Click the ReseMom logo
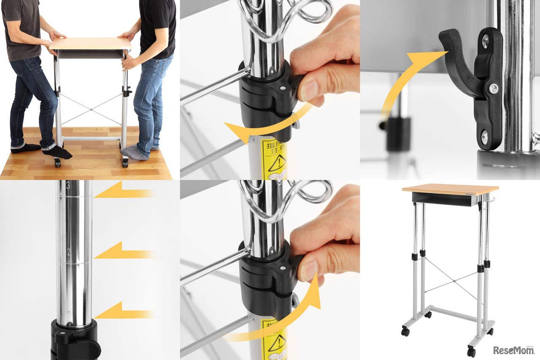pyautogui.click(x=513, y=350)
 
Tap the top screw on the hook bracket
pyautogui.click(x=485, y=41)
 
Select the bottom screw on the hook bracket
pyautogui.click(x=484, y=136)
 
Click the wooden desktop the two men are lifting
pyautogui.click(x=91, y=43)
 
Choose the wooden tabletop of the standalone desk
pyautogui.click(x=450, y=189)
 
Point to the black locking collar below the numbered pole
pyautogui.click(x=74, y=340)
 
